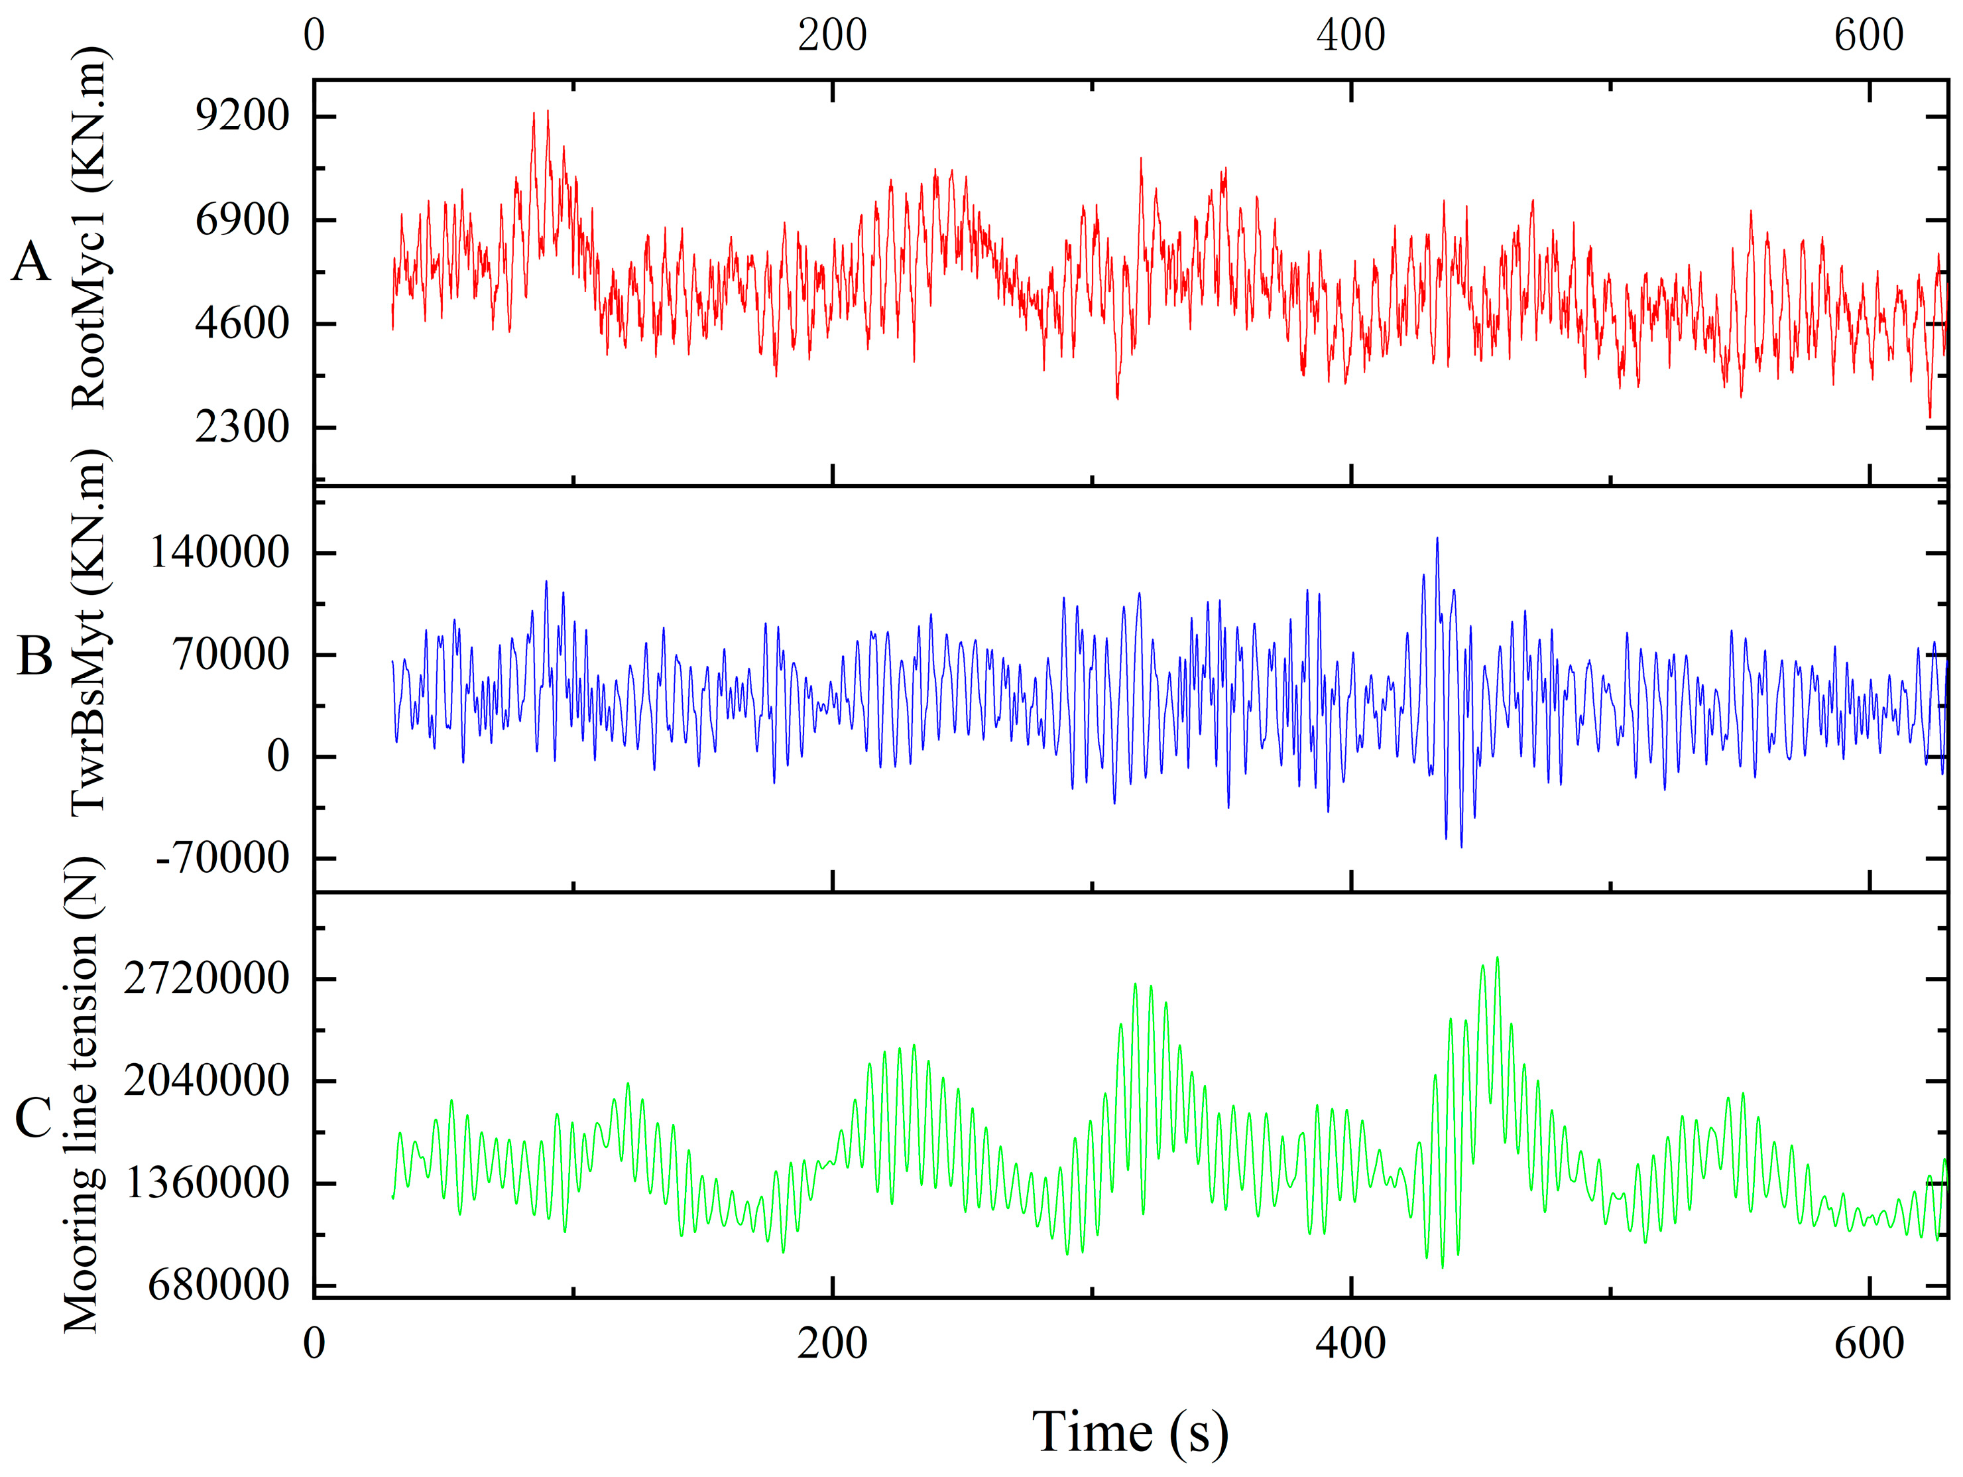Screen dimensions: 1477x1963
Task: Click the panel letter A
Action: (x=31, y=263)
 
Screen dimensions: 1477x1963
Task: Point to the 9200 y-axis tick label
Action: (x=242, y=115)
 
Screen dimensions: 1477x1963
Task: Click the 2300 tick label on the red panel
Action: (x=242, y=427)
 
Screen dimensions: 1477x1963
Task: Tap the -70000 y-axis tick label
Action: (x=222, y=858)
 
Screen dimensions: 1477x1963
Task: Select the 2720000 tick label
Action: (x=207, y=978)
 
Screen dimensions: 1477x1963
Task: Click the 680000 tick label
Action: (x=218, y=1285)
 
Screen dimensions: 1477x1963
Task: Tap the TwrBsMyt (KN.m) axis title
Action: (x=89, y=633)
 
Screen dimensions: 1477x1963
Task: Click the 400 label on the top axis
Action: (x=1350, y=36)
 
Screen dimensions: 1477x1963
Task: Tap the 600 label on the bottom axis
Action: (x=1869, y=1343)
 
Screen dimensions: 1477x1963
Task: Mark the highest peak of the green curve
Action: (x=1497, y=958)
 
